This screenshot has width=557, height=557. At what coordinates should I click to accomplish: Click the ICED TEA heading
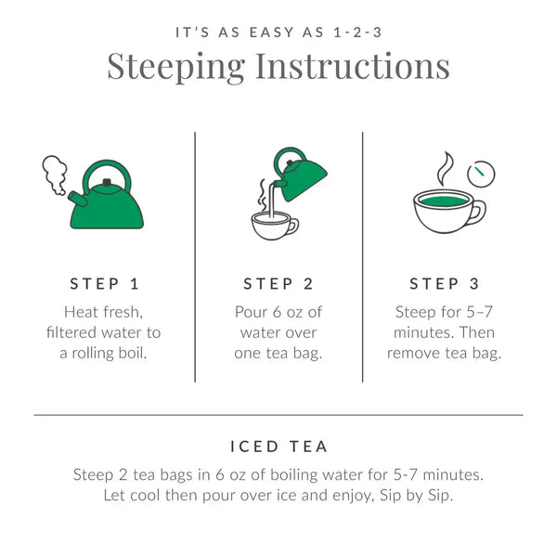point(278,446)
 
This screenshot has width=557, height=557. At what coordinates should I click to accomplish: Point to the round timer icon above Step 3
point(481,173)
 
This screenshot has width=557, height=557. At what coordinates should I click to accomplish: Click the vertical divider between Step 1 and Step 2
point(195,255)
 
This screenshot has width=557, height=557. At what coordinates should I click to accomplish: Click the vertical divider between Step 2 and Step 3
point(362,255)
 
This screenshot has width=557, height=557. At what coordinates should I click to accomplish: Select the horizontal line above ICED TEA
point(278,414)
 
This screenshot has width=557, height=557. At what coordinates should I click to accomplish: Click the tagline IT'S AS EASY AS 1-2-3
point(278,32)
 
